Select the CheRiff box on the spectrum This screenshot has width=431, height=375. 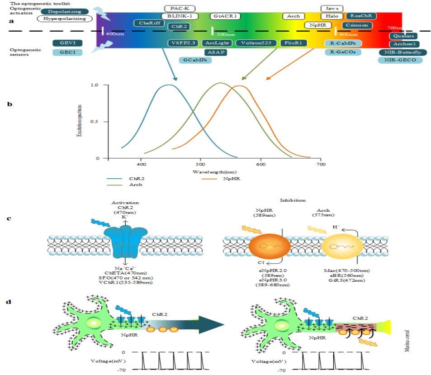(x=149, y=23)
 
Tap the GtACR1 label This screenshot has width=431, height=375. (x=225, y=16)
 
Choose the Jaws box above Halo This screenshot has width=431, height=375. (x=332, y=9)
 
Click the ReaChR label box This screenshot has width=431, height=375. (x=361, y=16)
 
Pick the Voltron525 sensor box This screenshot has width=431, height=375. (x=256, y=43)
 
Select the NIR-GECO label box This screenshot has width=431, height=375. (x=400, y=60)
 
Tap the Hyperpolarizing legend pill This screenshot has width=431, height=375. (x=65, y=19)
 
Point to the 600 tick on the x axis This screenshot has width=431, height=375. (x=260, y=165)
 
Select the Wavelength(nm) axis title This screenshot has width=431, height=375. (x=212, y=172)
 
